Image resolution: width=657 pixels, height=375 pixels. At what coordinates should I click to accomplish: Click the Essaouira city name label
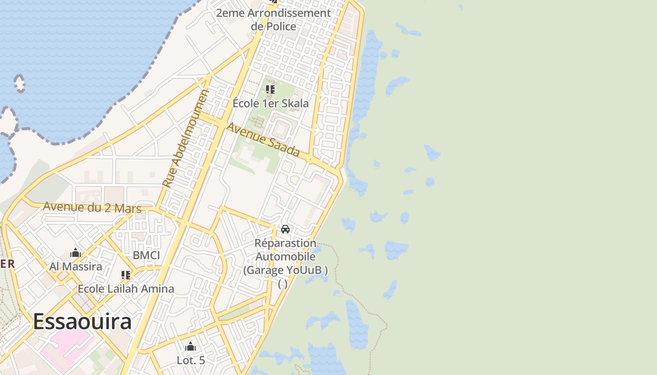[82, 322]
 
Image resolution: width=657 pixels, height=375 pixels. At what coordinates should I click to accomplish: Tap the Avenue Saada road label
[263, 140]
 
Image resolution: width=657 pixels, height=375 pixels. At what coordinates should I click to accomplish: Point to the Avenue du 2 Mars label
[92, 207]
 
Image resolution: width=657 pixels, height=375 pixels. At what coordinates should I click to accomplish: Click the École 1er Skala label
[271, 103]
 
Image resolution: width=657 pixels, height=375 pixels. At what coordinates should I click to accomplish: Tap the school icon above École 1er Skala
[270, 89]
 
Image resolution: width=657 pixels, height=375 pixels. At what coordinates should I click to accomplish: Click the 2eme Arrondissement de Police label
[274, 19]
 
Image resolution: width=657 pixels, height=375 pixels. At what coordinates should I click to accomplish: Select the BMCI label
[146, 255]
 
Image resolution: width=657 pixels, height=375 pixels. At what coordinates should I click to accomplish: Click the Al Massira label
[76, 267]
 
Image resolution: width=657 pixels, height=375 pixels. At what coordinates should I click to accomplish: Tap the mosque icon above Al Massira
[76, 254]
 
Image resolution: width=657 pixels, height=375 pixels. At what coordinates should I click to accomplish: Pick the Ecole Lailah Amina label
[126, 289]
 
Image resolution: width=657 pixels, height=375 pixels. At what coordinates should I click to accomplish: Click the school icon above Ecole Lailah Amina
[125, 275]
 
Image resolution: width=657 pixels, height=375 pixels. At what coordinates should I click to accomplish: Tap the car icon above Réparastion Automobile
[285, 229]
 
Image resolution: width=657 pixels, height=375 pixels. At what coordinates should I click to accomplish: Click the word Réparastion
[285, 243]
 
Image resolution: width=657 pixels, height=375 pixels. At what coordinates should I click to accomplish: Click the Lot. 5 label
[191, 360]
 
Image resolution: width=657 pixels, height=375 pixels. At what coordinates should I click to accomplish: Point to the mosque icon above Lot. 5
[191, 347]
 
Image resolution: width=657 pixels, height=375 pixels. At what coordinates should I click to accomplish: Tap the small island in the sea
[20, 83]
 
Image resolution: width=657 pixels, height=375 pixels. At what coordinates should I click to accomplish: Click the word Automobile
[285, 257]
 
